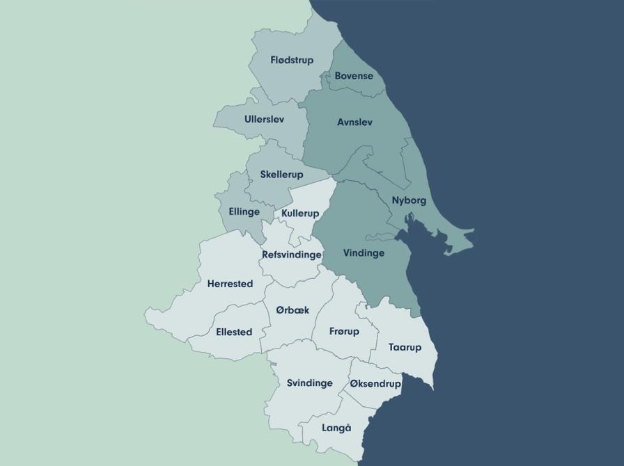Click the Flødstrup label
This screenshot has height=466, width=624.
click(292, 61)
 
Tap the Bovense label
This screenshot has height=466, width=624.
click(354, 76)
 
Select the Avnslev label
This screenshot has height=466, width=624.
click(354, 122)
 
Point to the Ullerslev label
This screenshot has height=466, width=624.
click(264, 120)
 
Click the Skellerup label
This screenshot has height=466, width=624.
click(281, 175)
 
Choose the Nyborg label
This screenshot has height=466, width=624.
click(409, 200)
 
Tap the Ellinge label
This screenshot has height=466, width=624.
click(244, 211)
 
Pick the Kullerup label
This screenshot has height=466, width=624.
click(300, 213)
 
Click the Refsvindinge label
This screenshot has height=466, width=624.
click(292, 255)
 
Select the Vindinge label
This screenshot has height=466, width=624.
click(364, 253)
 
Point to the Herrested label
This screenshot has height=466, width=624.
click(230, 284)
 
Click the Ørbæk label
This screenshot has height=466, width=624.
click(292, 310)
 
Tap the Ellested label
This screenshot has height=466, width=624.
click(234, 332)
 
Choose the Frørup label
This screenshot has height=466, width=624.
click(344, 332)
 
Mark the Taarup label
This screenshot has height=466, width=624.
click(405, 347)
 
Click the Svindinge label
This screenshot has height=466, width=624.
click(310, 383)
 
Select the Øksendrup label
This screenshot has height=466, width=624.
click(375, 384)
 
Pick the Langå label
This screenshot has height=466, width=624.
click(336, 428)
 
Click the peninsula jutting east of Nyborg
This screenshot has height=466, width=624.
click(456, 241)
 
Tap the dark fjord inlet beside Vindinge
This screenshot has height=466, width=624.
click(405, 240)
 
